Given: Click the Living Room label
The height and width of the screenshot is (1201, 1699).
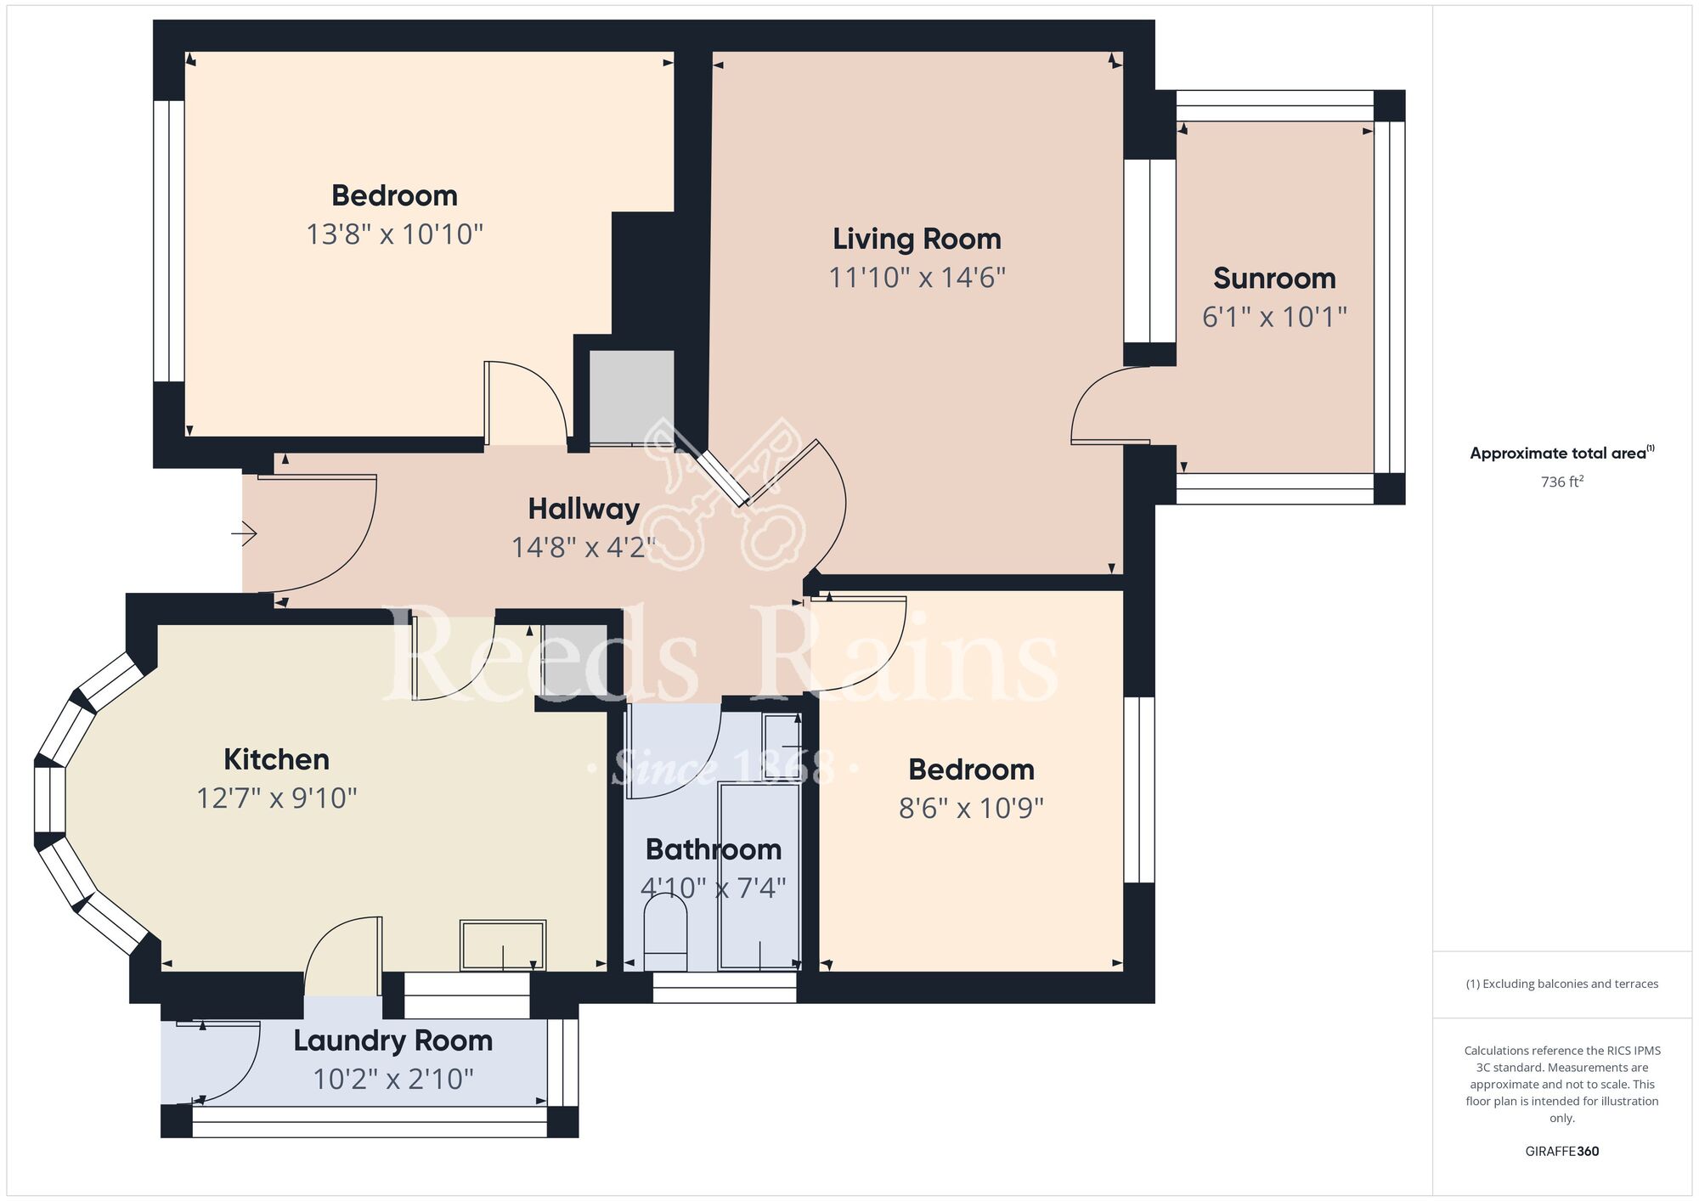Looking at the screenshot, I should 917,239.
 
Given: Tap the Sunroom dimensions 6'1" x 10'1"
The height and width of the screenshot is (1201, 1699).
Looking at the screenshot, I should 1274,317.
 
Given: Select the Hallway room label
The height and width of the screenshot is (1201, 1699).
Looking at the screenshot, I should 584,509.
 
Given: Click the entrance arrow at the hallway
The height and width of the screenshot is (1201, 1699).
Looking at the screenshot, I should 245,533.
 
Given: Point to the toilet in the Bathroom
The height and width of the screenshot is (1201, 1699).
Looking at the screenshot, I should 665,934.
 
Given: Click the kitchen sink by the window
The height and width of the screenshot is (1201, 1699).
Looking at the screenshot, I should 503,944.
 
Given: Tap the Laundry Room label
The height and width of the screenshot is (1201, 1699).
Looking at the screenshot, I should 393,1040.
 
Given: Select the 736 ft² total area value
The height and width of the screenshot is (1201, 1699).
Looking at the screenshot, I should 1561,482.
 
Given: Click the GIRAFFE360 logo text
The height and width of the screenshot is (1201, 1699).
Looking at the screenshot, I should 1561,1152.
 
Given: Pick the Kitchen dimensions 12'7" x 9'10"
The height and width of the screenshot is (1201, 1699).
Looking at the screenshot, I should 276,798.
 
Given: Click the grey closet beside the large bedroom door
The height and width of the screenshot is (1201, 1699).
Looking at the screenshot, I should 631,396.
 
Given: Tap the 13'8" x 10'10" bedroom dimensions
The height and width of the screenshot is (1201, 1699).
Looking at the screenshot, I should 394,234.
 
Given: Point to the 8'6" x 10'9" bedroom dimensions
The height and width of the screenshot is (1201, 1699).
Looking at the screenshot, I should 971,808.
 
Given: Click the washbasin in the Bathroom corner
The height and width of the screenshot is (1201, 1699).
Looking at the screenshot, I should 781,736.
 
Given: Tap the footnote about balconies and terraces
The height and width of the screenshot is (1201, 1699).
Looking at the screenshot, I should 1561,984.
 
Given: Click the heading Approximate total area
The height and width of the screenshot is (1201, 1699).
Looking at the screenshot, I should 1561,453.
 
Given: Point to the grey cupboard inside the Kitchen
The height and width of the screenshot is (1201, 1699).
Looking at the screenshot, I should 574,662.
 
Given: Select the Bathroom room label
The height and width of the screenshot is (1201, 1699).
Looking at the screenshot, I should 713,849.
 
